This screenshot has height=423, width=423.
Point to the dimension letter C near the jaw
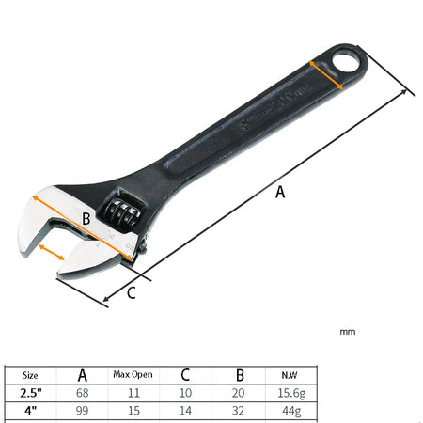(131, 292)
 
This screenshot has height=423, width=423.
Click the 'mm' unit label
(347, 331)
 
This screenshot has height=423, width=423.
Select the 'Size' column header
(31, 374)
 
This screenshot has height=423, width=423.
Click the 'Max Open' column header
(133, 374)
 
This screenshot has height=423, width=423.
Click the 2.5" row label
(31, 393)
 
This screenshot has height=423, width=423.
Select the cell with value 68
(82, 393)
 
